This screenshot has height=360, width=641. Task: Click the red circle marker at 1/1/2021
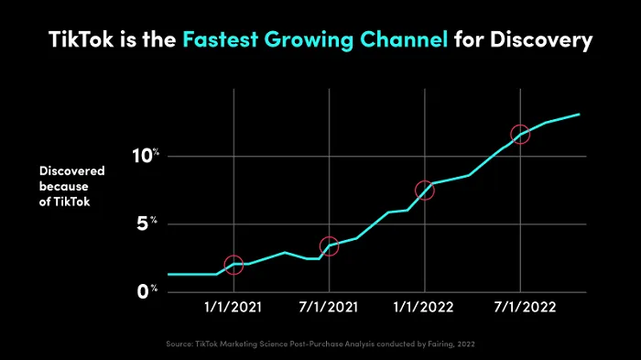(234, 265)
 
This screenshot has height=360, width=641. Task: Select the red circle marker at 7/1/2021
(329, 246)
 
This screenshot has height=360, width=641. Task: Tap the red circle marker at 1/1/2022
(424, 191)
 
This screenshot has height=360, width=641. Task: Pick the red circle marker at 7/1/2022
(520, 135)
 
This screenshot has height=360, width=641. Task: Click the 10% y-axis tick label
(146, 156)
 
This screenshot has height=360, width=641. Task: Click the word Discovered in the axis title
(71, 170)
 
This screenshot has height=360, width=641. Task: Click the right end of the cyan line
(580, 115)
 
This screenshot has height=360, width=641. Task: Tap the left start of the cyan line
(168, 274)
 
